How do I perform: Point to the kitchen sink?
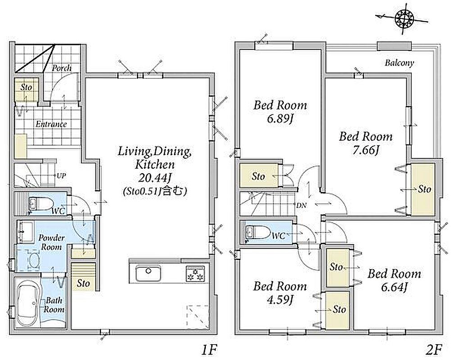(148, 273)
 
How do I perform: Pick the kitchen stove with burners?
(195, 274)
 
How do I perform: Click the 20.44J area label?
(155, 178)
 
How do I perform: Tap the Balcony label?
(399, 63)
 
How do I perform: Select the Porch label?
(61, 68)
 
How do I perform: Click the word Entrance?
(51, 124)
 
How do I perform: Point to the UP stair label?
(61, 175)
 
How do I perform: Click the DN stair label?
(301, 205)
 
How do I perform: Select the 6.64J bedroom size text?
(395, 288)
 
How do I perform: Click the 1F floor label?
(209, 351)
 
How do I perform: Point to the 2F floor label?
(435, 351)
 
